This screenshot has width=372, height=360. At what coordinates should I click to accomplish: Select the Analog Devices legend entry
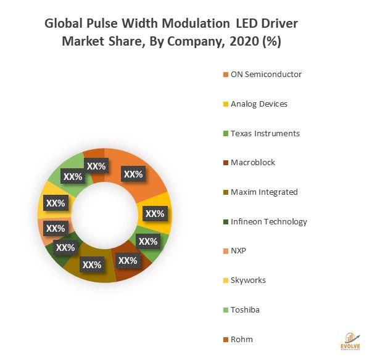pos(258,104)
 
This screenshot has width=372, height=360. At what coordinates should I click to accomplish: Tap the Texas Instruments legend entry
pos(265,133)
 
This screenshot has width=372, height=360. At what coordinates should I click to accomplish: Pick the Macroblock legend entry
pos(252,163)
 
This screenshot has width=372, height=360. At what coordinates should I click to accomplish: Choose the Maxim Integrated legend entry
pos(263,192)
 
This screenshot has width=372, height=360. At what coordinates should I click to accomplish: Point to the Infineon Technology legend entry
pos(268,221)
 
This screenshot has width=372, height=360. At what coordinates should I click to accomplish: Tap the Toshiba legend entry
pos(245,309)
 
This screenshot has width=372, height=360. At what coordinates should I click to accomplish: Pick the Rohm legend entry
pos(241,339)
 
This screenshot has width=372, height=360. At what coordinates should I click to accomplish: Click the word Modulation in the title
pos(188,24)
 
